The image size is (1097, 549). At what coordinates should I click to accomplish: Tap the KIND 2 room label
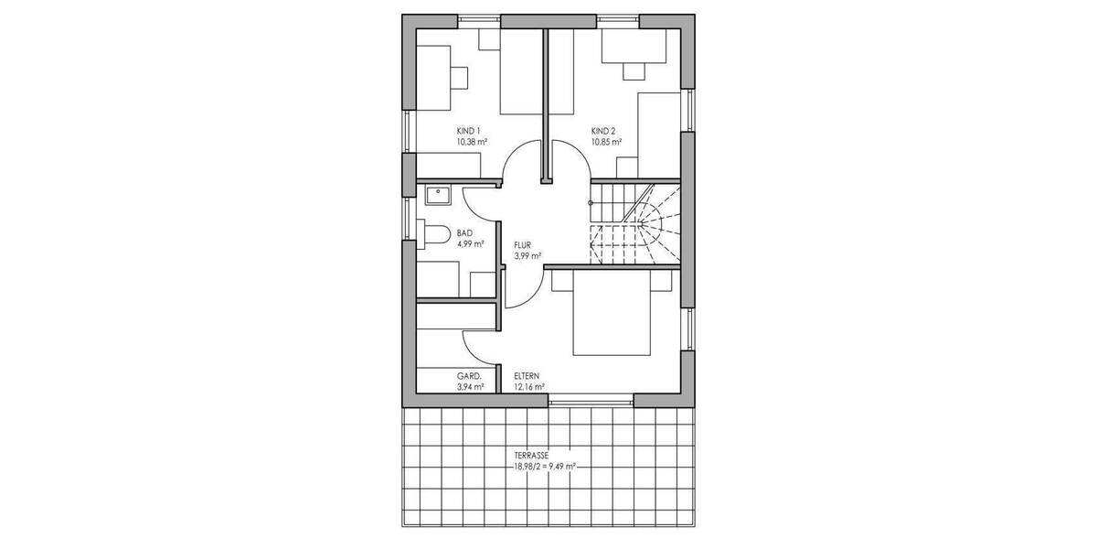[604, 131]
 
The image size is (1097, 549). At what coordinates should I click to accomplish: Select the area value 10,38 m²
[472, 143]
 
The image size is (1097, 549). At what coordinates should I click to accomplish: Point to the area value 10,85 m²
[606, 143]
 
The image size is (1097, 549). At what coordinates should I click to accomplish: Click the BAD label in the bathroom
[464, 233]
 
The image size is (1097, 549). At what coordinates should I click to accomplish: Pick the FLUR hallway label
[524, 245]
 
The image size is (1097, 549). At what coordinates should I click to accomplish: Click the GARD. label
[470, 376]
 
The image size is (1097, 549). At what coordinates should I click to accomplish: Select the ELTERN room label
[527, 376]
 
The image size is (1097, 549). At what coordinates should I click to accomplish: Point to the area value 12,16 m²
[529, 387]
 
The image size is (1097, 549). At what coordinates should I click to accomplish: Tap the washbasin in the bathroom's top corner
[438, 192]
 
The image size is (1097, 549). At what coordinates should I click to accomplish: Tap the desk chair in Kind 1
[459, 77]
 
